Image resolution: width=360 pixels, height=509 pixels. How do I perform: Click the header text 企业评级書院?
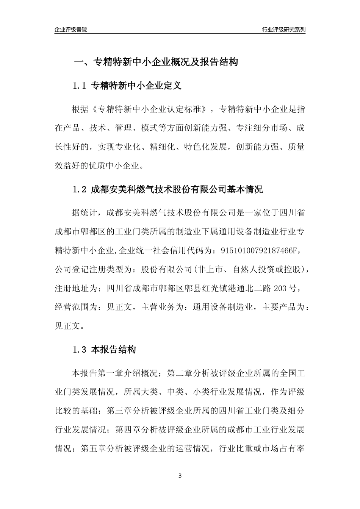pyautogui.click(x=71, y=30)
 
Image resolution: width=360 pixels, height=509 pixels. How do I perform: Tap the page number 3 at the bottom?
pyautogui.click(x=180, y=476)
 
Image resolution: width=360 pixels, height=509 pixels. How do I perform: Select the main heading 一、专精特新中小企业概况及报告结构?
pyautogui.click(x=156, y=62)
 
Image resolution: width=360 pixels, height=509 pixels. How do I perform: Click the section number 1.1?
pyautogui.click(x=80, y=86)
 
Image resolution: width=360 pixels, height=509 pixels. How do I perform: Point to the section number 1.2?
pyautogui.click(x=80, y=190)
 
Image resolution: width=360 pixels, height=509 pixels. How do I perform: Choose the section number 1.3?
pyautogui.click(x=80, y=350)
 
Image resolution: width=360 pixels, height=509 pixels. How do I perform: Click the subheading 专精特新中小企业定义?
pyautogui.click(x=136, y=86)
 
